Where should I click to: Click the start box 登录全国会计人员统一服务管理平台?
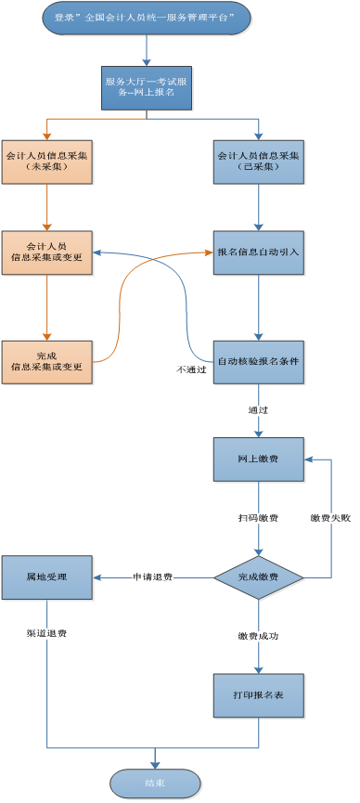154,19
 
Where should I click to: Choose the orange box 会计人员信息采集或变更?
47,251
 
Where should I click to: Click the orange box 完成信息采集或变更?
47,361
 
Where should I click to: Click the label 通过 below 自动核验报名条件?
258,409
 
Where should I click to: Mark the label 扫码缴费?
258,518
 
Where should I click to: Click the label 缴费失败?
330,518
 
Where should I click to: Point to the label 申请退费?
153,577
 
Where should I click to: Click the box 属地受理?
46,577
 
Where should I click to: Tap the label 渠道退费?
46,633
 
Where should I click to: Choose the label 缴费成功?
258,636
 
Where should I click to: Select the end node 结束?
155,784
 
